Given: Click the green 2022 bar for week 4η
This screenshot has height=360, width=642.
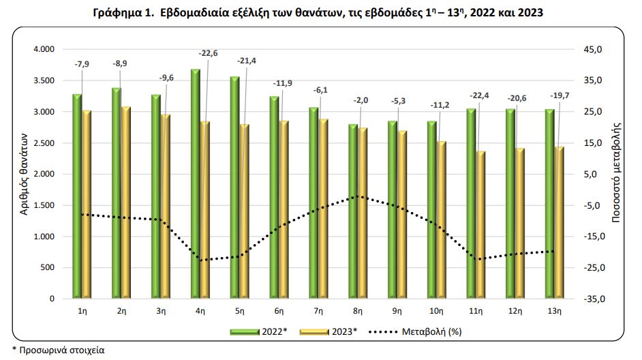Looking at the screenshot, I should (195, 184).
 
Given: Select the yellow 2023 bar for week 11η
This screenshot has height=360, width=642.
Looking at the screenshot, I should (481, 225).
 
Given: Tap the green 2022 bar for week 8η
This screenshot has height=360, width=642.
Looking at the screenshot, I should (353, 211).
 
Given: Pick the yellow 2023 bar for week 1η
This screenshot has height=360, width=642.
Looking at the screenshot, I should (87, 205).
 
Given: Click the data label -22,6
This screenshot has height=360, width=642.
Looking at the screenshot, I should (208, 53).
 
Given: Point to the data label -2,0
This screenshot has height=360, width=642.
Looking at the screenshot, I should (361, 101).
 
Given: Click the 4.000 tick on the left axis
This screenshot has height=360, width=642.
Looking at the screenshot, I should (43, 50).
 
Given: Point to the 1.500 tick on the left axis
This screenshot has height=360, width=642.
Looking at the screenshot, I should (43, 205).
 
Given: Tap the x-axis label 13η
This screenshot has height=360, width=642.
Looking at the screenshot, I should (555, 311).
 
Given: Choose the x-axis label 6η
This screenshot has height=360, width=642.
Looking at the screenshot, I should (279, 311).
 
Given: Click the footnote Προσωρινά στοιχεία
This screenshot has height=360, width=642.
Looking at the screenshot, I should (59, 350).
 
